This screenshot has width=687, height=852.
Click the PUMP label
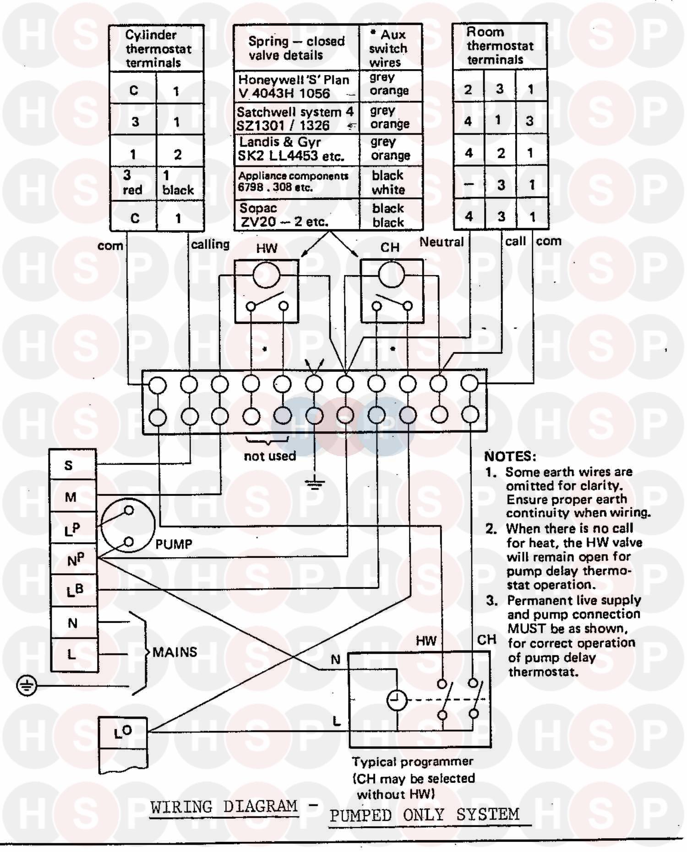pos(174,544)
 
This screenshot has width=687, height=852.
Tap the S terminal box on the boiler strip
pos(73,465)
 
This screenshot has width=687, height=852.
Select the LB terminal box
pos(74,591)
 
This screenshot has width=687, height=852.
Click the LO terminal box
pos(123,733)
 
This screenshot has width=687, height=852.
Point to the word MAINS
pos(174,652)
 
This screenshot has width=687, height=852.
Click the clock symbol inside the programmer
pos(397,700)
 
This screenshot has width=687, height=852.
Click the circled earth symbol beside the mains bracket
pos(26,686)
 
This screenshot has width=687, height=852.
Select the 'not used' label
pos(270,456)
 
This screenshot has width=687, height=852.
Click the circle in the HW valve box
pos(266,275)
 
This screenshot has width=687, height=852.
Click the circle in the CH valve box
pos(392,275)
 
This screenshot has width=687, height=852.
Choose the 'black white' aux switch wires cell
pos(389,182)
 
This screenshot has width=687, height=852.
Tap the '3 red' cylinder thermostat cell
pos(133,182)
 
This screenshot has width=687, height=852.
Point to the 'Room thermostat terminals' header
pos(500,46)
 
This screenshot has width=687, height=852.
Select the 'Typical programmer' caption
pos(412,762)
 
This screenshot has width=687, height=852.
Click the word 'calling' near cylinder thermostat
pos(210,245)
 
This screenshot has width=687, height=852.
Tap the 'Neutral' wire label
pos(442,242)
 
